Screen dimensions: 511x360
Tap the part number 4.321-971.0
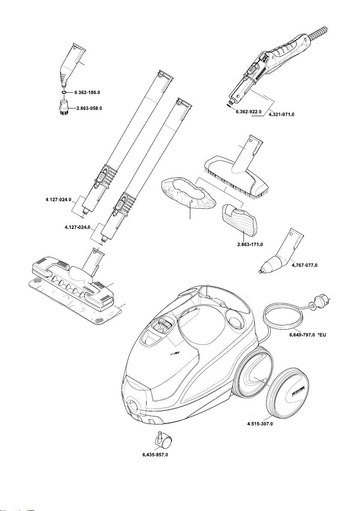click(x=282, y=115)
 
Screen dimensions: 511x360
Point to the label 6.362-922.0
click(x=249, y=112)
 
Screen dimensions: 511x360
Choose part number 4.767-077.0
click(x=304, y=265)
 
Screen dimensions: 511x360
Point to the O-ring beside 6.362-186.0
click(x=63, y=92)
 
